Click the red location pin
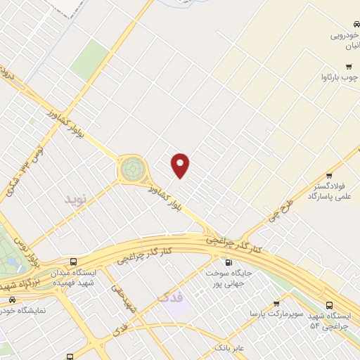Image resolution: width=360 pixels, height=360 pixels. [x=181, y=165]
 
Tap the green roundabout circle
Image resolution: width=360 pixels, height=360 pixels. [x=131, y=169]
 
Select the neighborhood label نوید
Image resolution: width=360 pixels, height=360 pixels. [x=78, y=200]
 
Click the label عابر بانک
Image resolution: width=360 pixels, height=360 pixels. [x=232, y=347]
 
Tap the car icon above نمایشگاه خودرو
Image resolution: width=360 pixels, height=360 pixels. [x=12, y=299]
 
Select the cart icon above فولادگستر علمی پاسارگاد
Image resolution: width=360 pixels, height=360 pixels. [x=329, y=176]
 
